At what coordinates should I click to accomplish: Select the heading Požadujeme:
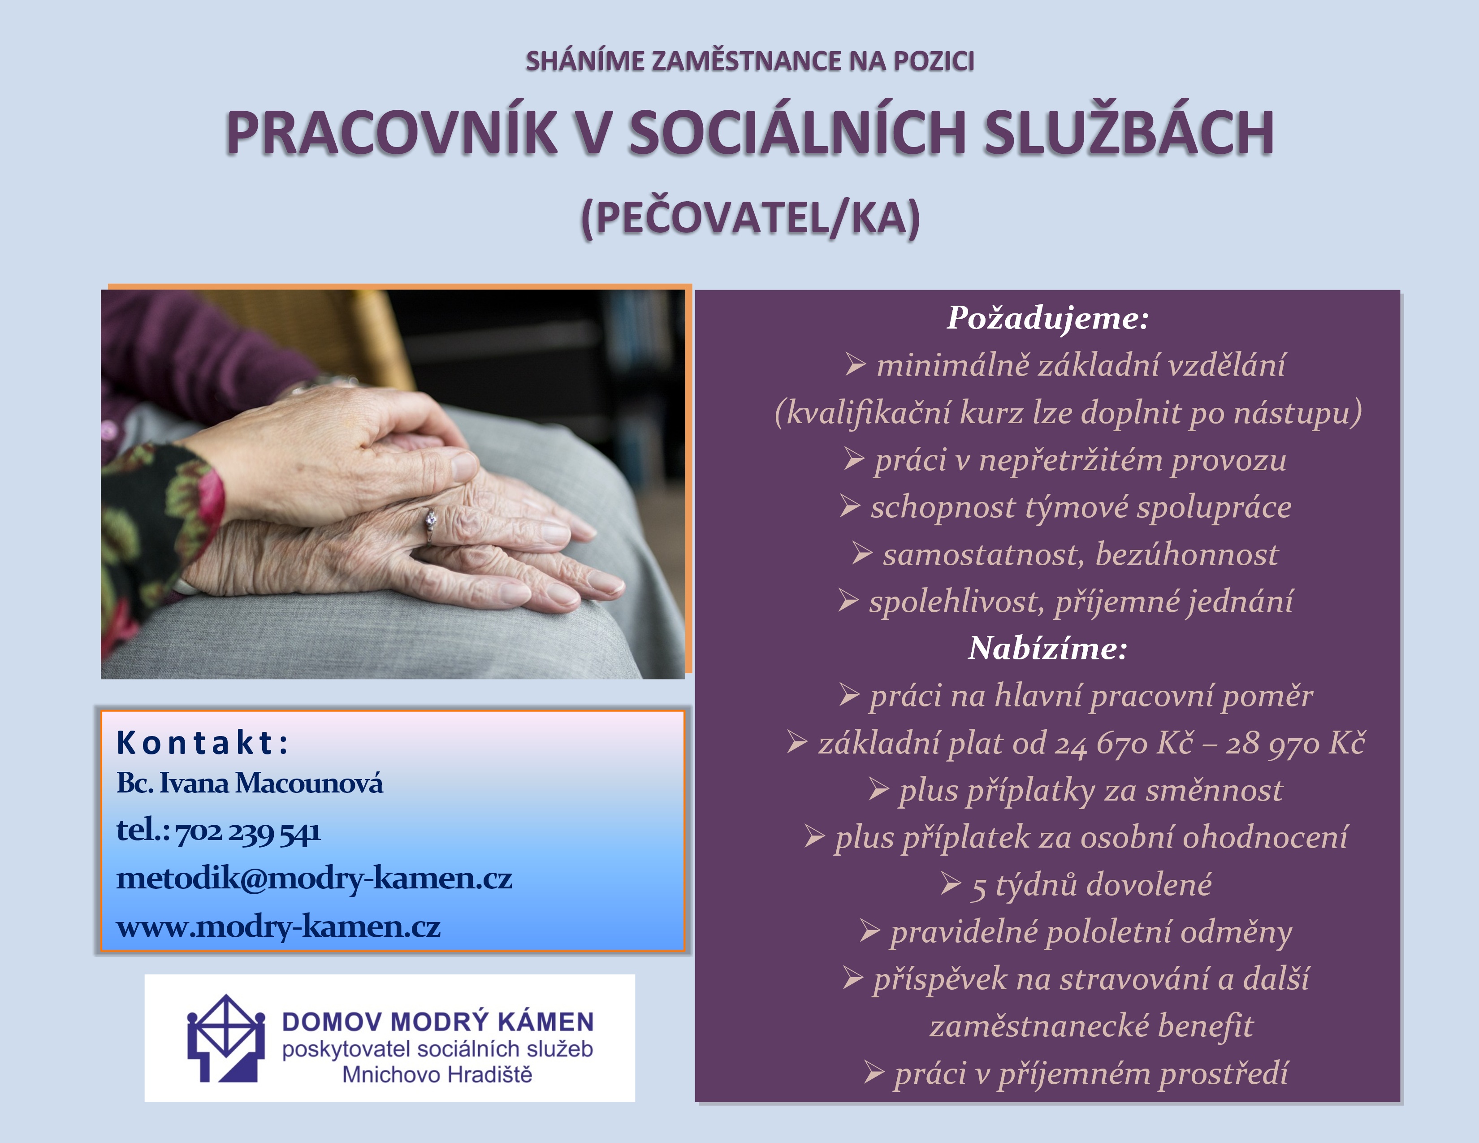(x=1048, y=318)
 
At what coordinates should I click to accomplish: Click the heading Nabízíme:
(x=1048, y=648)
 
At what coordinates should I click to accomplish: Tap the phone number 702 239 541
(x=248, y=831)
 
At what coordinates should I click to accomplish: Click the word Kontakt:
(x=203, y=742)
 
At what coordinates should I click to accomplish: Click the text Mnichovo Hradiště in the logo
(x=437, y=1074)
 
